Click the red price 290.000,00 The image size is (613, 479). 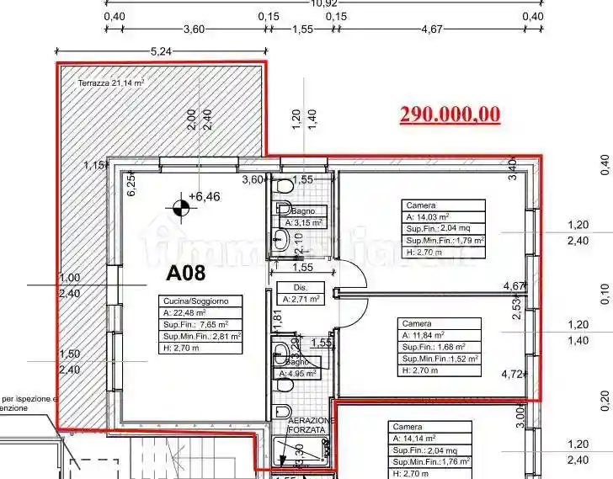(x=450, y=114)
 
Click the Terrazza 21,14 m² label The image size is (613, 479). (x=111, y=82)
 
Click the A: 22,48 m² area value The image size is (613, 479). (x=185, y=312)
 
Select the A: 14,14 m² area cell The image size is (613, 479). (x=414, y=439)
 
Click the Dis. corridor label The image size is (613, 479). (x=290, y=286)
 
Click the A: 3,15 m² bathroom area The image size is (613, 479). (x=300, y=223)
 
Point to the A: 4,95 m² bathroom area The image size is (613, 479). (x=300, y=372)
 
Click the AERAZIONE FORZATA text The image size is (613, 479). (x=312, y=425)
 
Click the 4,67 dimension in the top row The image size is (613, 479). (x=430, y=29)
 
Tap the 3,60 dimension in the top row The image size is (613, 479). (x=194, y=29)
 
